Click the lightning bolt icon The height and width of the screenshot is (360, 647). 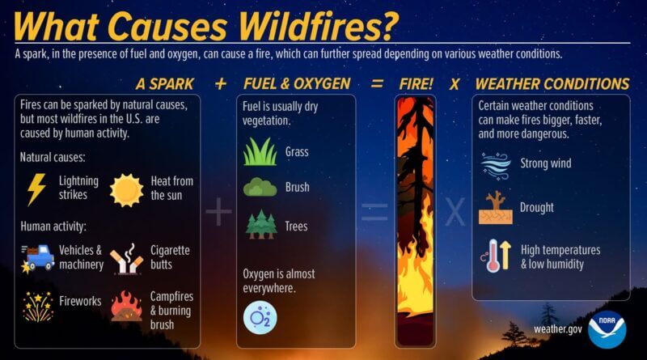click(36, 189)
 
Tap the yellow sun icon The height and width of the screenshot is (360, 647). click(126, 190)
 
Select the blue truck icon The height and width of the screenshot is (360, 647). click(38, 257)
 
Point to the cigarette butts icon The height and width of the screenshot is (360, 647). click(126, 259)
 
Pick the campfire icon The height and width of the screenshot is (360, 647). click(126, 307)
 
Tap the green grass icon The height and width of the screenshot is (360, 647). click(260, 151)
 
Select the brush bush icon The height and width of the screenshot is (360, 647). click(260, 187)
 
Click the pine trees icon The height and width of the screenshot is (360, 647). click(260, 224)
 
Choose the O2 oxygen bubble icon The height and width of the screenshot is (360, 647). click(260, 317)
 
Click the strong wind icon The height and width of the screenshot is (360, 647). click(495, 164)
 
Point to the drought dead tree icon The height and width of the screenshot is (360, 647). click(495, 208)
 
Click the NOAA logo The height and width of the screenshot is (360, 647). click(607, 328)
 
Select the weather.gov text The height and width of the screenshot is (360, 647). click(557, 328)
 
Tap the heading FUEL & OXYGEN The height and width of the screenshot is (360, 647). click(297, 84)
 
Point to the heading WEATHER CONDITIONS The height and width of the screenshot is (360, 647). click(552, 84)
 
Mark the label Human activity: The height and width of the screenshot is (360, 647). click(53, 227)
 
